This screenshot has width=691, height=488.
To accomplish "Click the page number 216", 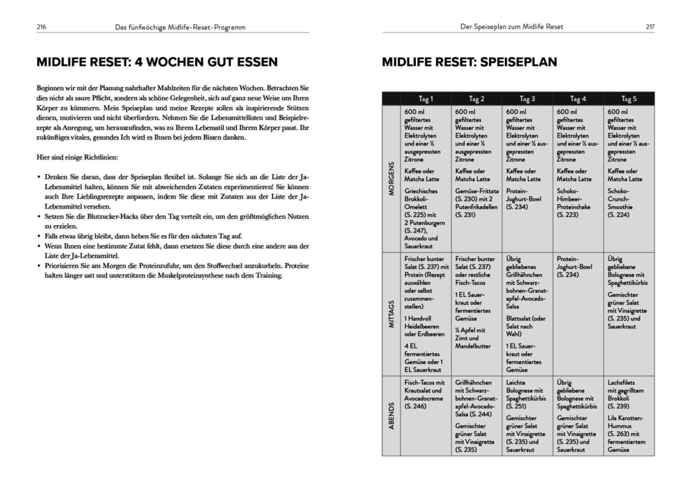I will (x=41, y=26).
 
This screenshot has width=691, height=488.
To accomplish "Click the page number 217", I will (x=650, y=26).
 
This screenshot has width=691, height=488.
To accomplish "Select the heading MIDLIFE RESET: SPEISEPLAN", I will (x=469, y=62).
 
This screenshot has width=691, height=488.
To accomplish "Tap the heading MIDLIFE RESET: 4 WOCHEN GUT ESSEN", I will (x=157, y=62).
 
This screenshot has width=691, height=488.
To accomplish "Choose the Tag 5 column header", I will (x=628, y=98).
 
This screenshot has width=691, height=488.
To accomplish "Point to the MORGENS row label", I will (x=391, y=178).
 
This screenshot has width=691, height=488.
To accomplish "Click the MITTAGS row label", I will (x=391, y=314).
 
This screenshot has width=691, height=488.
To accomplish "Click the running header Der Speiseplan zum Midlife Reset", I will (x=510, y=26).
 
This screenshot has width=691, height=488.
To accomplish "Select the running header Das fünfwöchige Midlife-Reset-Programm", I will (x=180, y=26).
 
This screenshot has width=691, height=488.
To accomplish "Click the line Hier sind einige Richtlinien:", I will (x=77, y=157).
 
